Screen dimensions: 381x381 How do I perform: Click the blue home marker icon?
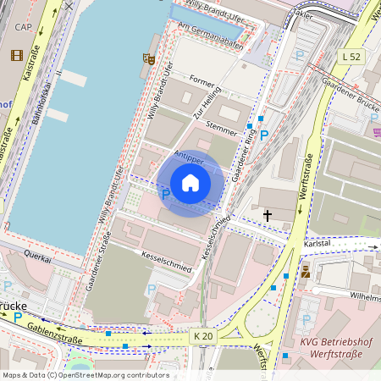pos(190,183)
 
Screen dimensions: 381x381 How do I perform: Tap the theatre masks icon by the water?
pos(148,58)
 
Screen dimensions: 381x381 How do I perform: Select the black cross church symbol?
pos(268,216)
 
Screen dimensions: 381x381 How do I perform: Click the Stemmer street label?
pos(222,129)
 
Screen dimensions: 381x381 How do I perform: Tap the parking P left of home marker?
pos(165,194)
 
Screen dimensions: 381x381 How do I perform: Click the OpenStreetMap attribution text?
pos(85,374)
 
